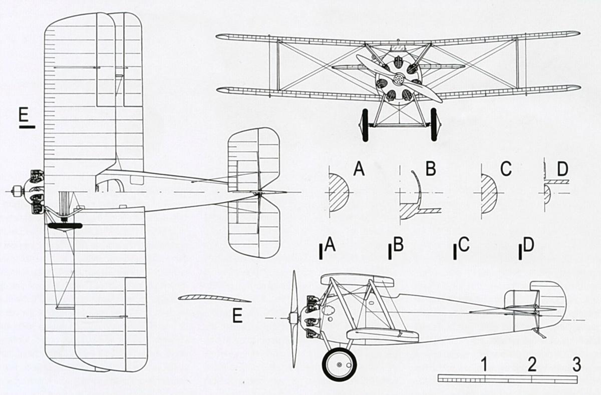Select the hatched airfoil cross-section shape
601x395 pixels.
tap(215, 298)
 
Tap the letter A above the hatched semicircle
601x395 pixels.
tap(359, 169)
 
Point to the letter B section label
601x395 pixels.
tap(431, 169)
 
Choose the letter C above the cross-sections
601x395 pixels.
tap(506, 169)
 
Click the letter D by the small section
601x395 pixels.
tap(562, 169)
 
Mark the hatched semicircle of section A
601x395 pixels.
tap(338, 193)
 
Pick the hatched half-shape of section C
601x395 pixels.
tap(489, 193)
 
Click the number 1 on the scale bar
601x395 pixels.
tap(484, 364)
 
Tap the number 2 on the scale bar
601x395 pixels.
tap(532, 364)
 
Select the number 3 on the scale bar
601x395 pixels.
tap(576, 364)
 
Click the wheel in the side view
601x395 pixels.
tap(340, 364)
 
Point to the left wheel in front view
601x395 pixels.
tap(365, 125)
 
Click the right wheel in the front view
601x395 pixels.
tap(434, 125)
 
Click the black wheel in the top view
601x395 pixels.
tap(65, 225)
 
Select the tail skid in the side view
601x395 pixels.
tap(540, 333)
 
